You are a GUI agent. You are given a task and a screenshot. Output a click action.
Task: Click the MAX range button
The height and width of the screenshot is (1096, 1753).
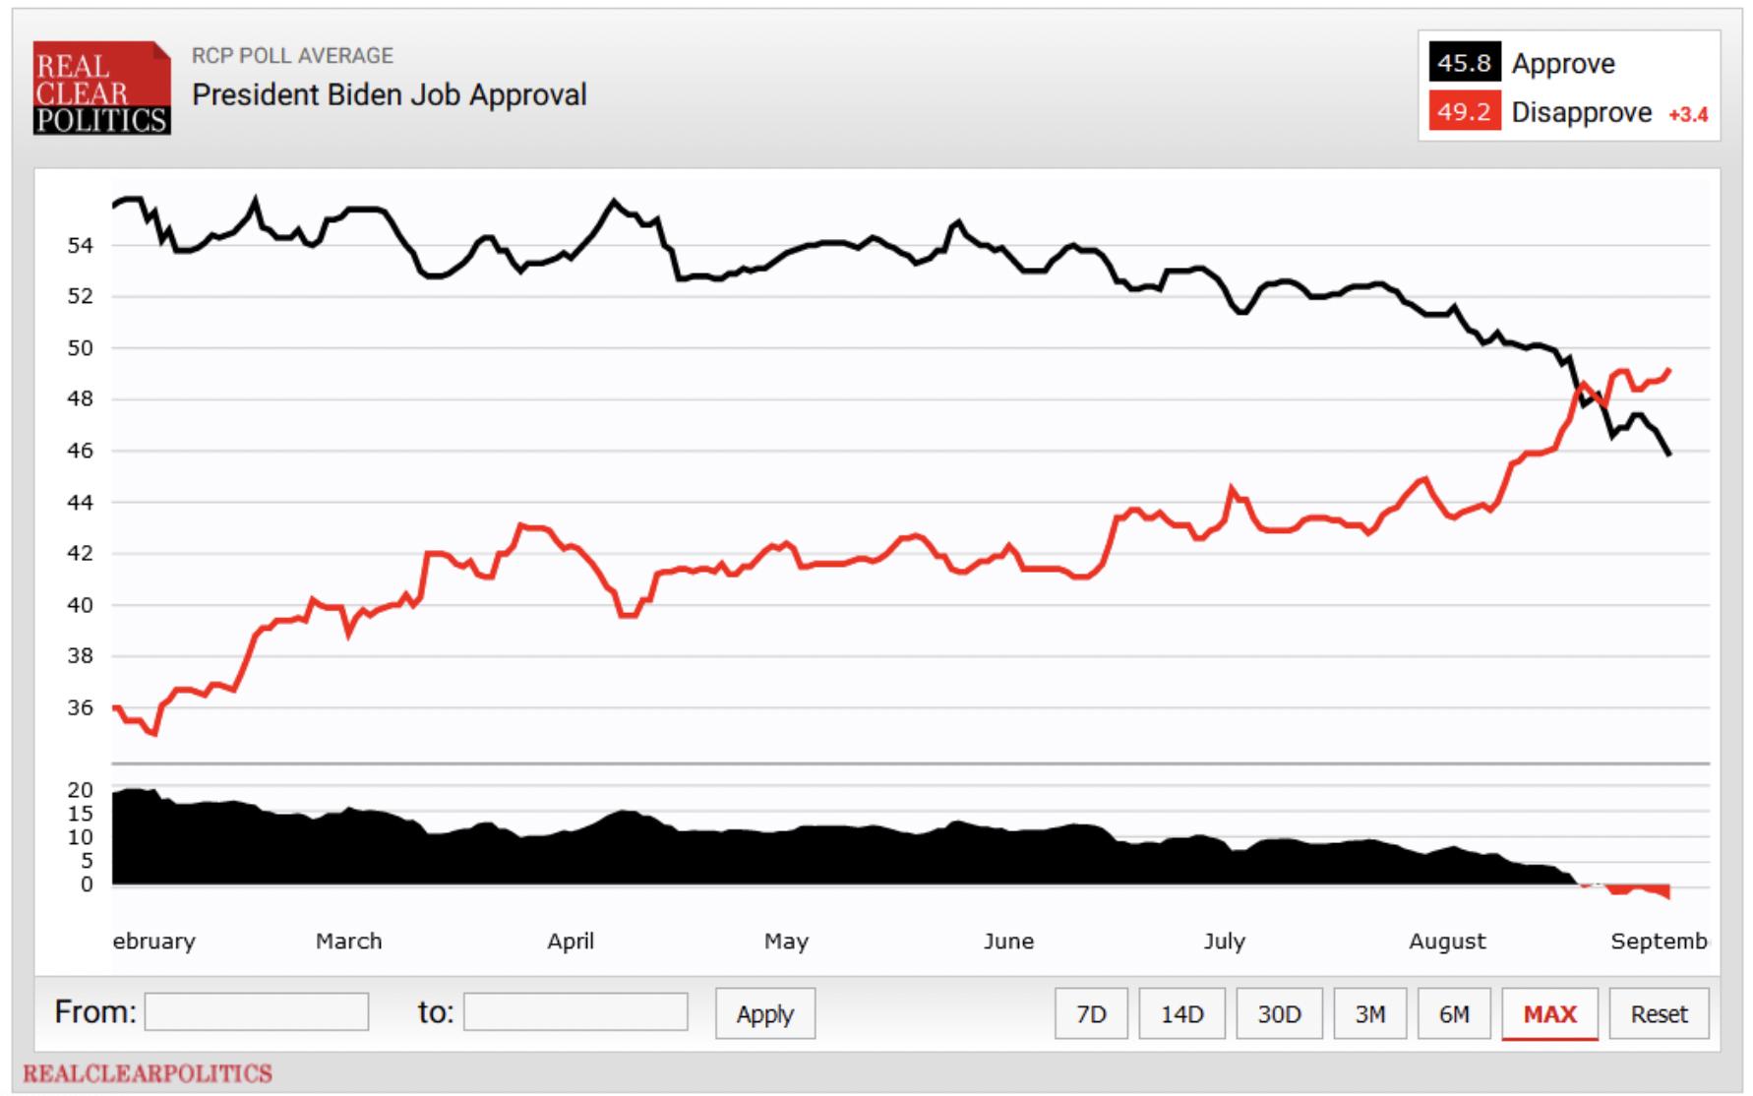coord(1549,1013)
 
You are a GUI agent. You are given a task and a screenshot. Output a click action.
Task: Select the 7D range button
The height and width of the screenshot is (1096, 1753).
coord(1091,1013)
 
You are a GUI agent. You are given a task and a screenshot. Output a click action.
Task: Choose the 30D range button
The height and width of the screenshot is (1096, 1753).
coord(1279,1013)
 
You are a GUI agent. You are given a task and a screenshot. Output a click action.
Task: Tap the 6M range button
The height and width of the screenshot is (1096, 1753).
coord(1454,1013)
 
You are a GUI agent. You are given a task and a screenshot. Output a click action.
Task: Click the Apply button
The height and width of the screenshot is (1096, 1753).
coord(764,1013)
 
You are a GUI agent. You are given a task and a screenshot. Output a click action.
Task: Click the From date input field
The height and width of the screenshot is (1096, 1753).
coord(257,1011)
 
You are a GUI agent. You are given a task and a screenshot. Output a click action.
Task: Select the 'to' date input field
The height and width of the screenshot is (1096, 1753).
coord(575,1011)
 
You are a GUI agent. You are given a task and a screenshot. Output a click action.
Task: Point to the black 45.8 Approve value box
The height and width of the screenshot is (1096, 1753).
coord(1465,63)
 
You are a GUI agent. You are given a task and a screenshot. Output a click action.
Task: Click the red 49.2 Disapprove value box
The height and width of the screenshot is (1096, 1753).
coord(1465,112)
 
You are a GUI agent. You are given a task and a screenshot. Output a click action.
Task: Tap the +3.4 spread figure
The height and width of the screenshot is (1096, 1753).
coord(1688,115)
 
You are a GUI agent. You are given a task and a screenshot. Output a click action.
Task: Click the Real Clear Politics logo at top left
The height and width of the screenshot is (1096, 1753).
coord(101,89)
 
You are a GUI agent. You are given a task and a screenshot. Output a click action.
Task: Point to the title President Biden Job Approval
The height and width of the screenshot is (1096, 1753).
coord(389,94)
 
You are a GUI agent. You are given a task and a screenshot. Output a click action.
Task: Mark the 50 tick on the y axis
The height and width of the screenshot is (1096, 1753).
coord(80,347)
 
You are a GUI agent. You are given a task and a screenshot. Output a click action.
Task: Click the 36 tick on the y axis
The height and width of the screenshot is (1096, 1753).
coord(80,707)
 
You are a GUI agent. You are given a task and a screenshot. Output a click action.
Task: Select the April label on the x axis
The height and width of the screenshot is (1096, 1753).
coord(571,942)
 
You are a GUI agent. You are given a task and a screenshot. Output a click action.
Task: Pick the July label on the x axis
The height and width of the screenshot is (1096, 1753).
coord(1225,942)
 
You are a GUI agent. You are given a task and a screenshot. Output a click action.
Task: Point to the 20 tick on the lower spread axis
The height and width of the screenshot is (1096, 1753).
coord(81,790)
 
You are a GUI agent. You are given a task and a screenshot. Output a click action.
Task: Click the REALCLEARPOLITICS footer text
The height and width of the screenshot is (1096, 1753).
coord(148,1073)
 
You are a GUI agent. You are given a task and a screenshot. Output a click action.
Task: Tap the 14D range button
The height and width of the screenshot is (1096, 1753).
coord(1181,1013)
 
